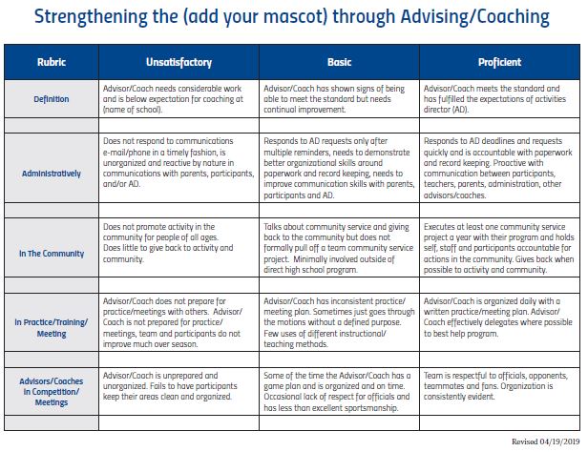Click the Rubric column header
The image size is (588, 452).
point(52,62)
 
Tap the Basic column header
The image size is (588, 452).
point(339,62)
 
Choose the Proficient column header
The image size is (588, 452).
point(499,62)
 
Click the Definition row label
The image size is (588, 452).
point(52,98)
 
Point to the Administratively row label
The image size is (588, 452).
point(52,174)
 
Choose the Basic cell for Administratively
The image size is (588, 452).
point(339,168)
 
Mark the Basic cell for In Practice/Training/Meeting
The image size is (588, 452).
point(339,321)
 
